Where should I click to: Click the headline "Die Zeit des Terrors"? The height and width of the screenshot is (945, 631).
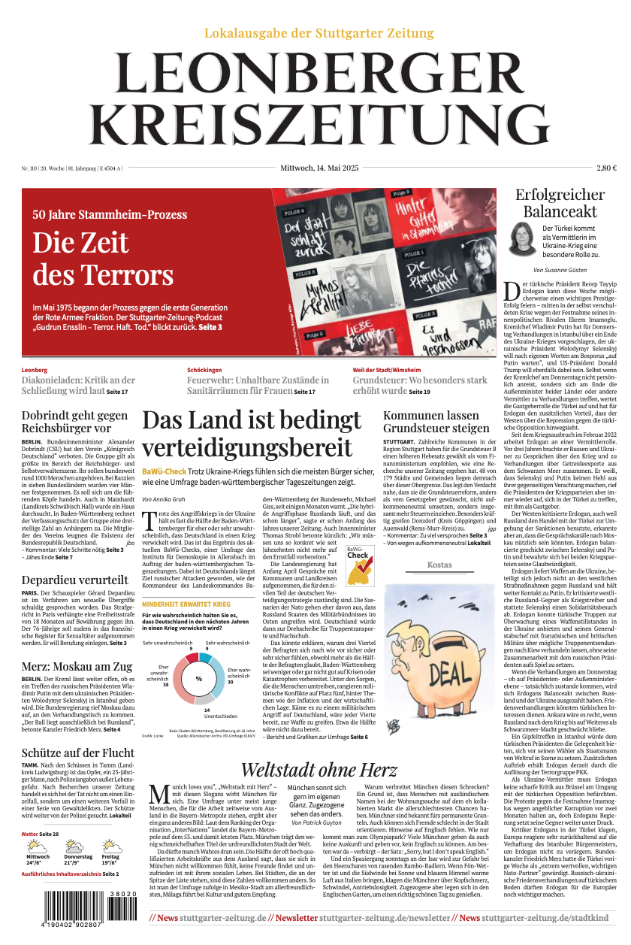[103, 258]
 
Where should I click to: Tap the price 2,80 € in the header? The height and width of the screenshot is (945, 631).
[606, 168]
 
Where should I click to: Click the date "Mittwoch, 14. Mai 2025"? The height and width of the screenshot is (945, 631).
[319, 168]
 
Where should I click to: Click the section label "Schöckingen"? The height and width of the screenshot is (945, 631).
[204, 370]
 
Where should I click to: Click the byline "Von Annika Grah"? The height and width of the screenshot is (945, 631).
[163, 499]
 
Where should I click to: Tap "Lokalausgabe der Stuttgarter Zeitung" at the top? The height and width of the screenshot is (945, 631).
[319, 33]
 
